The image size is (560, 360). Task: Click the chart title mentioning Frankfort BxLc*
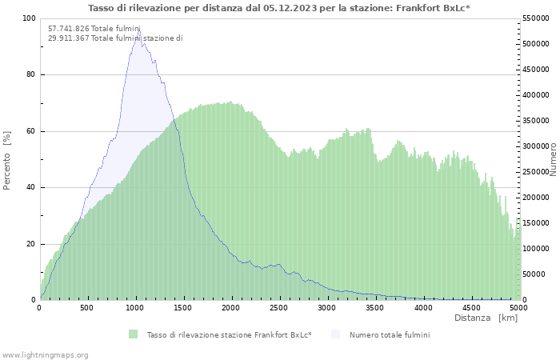click(x=279, y=8)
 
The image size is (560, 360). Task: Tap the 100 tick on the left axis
click(x=30, y=18)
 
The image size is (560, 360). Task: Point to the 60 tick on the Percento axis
click(x=31, y=131)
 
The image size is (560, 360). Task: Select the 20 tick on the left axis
click(x=31, y=244)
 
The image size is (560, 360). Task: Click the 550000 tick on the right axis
click(x=536, y=18)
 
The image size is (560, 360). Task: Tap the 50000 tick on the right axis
click(x=534, y=274)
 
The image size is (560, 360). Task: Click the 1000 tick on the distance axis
click(x=135, y=307)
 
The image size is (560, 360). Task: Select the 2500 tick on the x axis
click(x=279, y=307)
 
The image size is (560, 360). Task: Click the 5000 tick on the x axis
click(x=518, y=307)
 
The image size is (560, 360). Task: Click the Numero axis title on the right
click(x=552, y=159)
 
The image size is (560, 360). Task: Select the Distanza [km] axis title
click(x=486, y=318)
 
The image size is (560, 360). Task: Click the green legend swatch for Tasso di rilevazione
click(x=133, y=334)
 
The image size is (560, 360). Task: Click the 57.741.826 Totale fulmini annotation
click(x=94, y=29)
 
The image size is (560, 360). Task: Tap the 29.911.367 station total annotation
click(x=115, y=38)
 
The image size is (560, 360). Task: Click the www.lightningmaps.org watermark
click(x=46, y=354)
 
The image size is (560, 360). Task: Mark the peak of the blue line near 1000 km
click(x=138, y=31)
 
